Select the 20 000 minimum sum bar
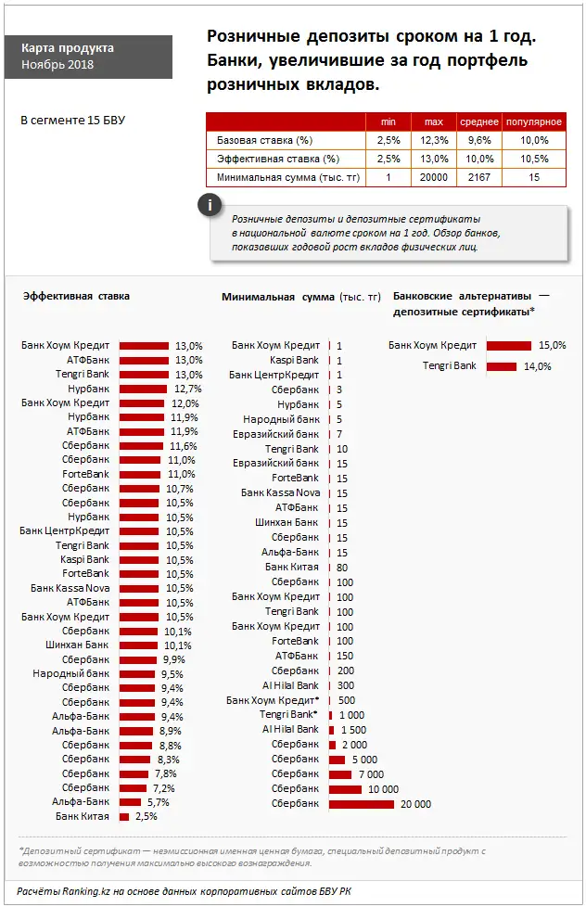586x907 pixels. [x=361, y=804]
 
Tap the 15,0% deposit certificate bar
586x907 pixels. [x=508, y=345]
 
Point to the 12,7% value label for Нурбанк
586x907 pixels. [x=187, y=390]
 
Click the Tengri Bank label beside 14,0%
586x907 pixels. [x=449, y=366]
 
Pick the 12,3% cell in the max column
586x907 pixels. [x=435, y=140]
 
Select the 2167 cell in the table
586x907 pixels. [x=480, y=177]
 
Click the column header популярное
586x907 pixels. [x=533, y=122]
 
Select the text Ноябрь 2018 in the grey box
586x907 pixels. [x=57, y=65]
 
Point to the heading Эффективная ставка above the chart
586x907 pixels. [x=76, y=296]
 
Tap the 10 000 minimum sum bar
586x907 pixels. [x=344, y=789]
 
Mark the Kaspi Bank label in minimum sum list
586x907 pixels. [x=294, y=360]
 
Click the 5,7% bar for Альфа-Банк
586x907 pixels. [x=130, y=802]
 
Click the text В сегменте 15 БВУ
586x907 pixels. [x=72, y=121]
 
